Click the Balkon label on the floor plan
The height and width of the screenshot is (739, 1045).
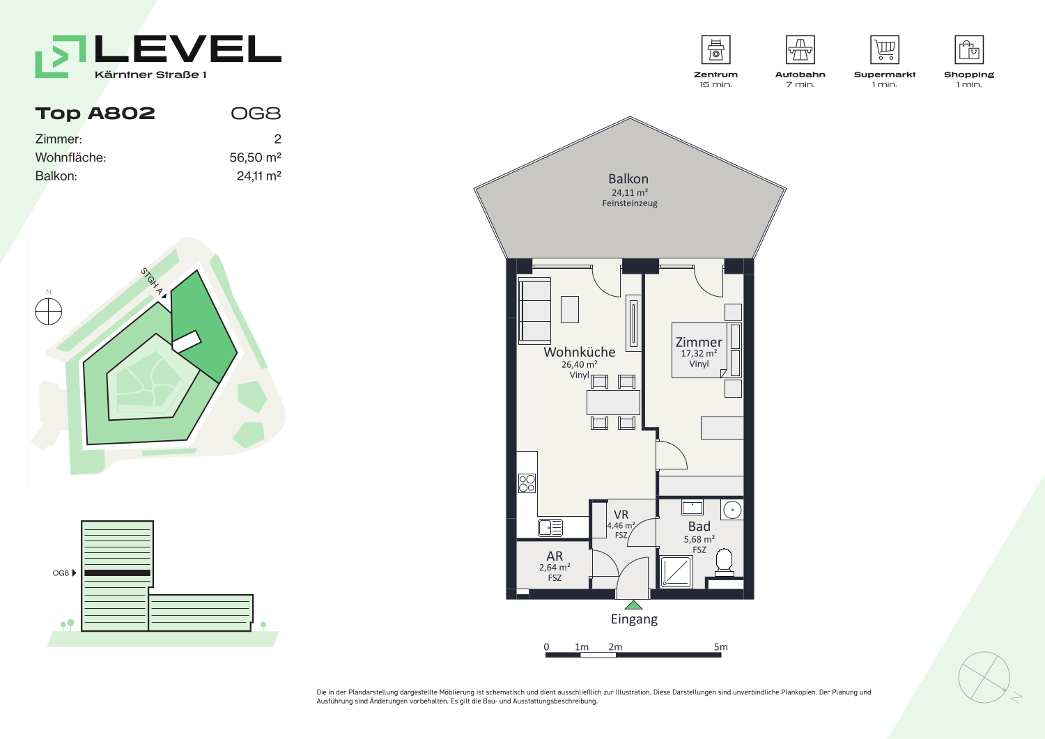pyautogui.click(x=628, y=179)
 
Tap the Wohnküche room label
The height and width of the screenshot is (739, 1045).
pyautogui.click(x=580, y=352)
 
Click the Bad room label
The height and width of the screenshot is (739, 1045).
pyautogui.click(x=699, y=527)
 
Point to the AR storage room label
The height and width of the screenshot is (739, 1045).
pyautogui.click(x=555, y=556)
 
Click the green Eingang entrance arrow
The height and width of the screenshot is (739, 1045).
pyautogui.click(x=633, y=605)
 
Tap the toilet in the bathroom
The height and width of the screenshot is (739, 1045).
pyautogui.click(x=724, y=563)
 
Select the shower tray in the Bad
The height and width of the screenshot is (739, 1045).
pyautogui.click(x=676, y=572)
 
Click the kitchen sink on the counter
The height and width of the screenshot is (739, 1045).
pyautogui.click(x=550, y=528)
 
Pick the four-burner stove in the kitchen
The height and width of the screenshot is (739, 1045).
pyautogui.click(x=527, y=483)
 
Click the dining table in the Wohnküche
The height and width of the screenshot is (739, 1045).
pyautogui.click(x=613, y=403)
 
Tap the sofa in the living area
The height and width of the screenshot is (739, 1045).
pyautogui.click(x=535, y=311)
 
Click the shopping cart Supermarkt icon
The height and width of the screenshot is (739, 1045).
pyautogui.click(x=885, y=49)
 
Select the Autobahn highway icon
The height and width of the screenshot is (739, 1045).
pyautogui.click(x=800, y=49)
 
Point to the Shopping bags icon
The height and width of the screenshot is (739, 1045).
pyautogui.click(x=969, y=49)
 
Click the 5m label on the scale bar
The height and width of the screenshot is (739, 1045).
pyautogui.click(x=721, y=646)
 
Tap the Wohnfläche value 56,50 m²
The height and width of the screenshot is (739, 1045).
pyautogui.click(x=255, y=157)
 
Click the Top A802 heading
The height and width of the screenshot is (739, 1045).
pyautogui.click(x=95, y=114)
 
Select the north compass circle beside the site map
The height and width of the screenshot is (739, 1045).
pyautogui.click(x=49, y=311)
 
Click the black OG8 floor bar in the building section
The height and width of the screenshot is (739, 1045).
pyautogui.click(x=118, y=573)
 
